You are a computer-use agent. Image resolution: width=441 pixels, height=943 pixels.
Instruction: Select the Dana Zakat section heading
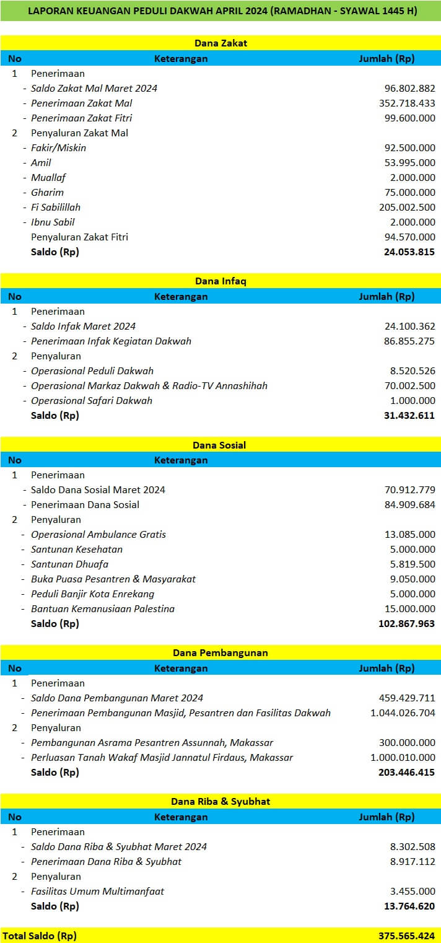[x=220, y=43]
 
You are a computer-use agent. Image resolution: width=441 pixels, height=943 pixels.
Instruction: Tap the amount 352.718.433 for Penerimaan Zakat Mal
[x=407, y=103]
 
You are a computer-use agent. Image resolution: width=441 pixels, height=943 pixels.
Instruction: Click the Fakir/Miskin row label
[x=58, y=147]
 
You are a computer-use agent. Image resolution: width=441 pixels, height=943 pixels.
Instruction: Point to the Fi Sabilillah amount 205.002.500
[x=407, y=207]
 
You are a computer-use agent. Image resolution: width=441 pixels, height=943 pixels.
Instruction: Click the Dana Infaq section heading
[x=220, y=281]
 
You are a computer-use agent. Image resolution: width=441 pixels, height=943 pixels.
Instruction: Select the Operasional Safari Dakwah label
[x=91, y=400]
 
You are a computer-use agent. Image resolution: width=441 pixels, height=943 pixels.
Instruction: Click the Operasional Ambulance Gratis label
[x=98, y=534]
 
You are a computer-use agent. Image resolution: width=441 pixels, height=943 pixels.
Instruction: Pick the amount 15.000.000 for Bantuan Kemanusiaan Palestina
[x=409, y=608]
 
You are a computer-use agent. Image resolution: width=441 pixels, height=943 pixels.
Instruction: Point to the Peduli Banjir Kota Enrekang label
[x=92, y=594]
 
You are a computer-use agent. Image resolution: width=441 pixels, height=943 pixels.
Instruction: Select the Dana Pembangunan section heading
[x=220, y=653]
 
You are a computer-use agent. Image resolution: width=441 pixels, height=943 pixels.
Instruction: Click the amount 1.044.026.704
[x=403, y=713]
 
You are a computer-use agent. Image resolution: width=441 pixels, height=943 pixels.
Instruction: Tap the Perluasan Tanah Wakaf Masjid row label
[x=162, y=757]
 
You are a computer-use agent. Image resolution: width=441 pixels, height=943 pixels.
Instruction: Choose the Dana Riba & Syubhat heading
[x=220, y=802]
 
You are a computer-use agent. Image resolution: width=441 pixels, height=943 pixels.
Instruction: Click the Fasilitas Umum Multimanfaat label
[x=97, y=891]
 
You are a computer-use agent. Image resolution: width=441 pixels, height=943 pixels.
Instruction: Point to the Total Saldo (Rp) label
[x=40, y=936]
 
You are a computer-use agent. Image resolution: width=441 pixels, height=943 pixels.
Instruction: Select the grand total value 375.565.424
[x=406, y=936]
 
